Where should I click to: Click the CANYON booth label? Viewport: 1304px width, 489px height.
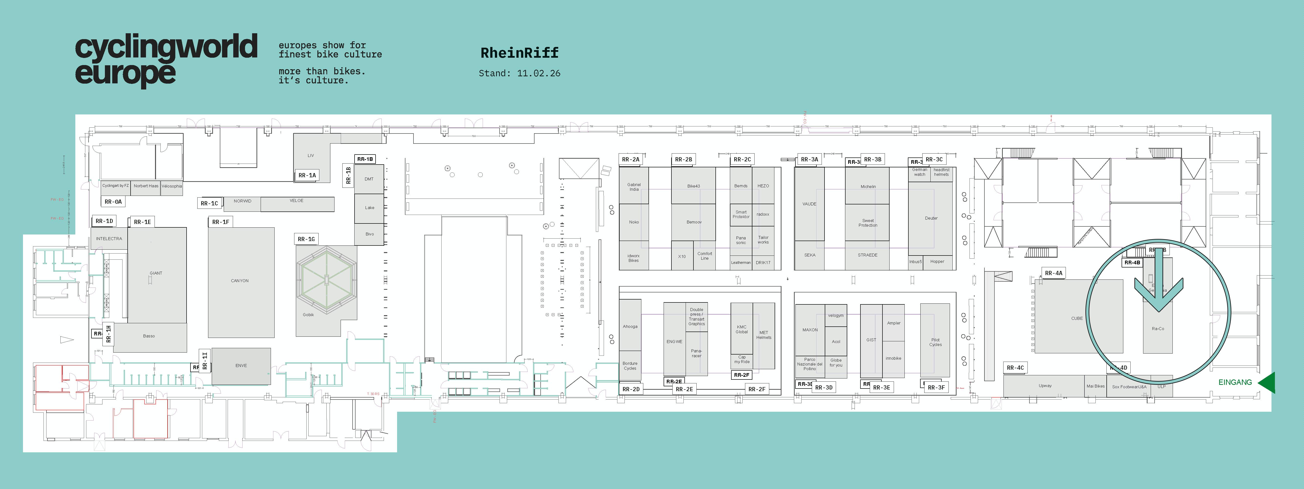click(x=239, y=280)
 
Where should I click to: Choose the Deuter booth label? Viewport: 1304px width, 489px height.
click(x=931, y=218)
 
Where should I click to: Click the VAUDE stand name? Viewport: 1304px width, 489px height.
click(x=809, y=204)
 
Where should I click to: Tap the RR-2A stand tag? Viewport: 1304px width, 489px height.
click(x=631, y=159)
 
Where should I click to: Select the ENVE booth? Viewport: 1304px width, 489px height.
click(x=241, y=366)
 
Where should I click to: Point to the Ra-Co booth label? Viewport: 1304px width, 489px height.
click(x=1158, y=329)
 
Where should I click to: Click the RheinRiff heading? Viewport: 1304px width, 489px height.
click(x=519, y=53)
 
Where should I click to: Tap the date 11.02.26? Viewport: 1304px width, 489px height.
click(x=539, y=73)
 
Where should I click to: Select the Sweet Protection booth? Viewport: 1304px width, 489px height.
click(x=868, y=223)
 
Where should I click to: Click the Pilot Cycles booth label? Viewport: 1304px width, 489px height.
click(x=935, y=342)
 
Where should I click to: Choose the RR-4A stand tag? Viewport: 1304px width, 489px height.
click(x=1053, y=273)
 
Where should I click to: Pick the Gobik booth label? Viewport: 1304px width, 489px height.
click(x=308, y=315)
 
